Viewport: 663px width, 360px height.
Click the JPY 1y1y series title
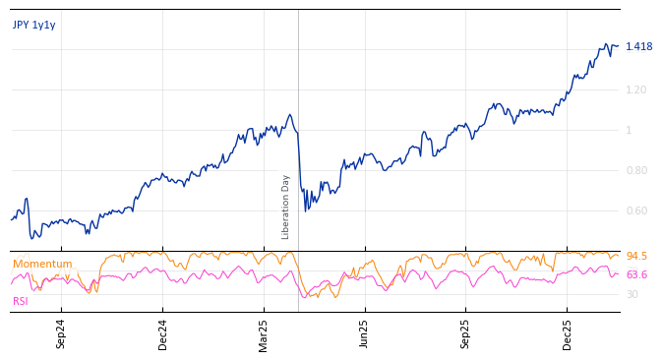coord(34,25)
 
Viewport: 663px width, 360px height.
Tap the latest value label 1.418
coord(638,46)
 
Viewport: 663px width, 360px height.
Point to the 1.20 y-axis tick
coord(636,90)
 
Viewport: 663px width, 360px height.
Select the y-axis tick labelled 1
coord(630,130)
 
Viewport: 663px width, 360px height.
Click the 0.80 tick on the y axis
coord(636,170)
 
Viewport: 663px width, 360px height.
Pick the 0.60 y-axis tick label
coord(636,210)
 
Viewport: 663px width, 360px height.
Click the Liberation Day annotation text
coord(286,207)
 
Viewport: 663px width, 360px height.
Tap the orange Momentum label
coord(42,264)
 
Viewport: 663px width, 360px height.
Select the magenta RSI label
coord(20,301)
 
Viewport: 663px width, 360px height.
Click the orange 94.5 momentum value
coord(636,256)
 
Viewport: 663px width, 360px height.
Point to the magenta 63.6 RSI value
coord(636,274)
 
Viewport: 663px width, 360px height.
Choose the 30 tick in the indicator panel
coord(633,294)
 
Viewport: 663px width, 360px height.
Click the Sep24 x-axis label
coord(61,333)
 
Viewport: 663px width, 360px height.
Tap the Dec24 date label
coord(163,333)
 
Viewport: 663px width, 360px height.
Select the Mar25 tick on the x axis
coord(264,333)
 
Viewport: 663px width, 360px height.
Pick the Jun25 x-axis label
coord(364,333)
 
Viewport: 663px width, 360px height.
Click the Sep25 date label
coord(465,333)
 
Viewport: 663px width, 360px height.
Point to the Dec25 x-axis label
coord(567,333)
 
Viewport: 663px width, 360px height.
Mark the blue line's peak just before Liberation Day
coord(289,114)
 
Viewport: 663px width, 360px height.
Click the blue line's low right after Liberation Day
coord(305,210)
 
